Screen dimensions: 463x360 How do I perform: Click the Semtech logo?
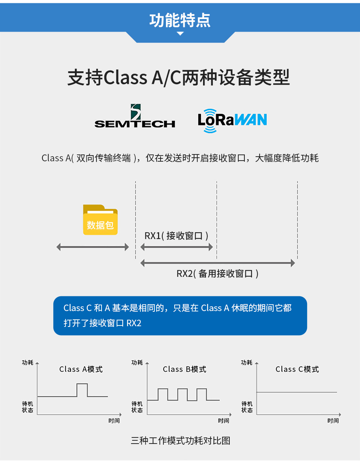(x=135, y=117)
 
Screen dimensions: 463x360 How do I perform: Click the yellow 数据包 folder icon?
(x=100, y=220)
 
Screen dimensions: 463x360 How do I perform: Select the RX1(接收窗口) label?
(x=176, y=236)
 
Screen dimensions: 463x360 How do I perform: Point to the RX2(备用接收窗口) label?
(x=217, y=274)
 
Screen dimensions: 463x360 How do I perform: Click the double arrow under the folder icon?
(x=93, y=247)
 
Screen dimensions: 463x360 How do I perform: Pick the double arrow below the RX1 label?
(x=176, y=247)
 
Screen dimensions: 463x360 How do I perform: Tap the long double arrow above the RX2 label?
(x=217, y=263)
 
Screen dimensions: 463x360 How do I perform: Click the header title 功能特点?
(x=180, y=20)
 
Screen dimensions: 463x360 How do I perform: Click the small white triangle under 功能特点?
(x=180, y=33)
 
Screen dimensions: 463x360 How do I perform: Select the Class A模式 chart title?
(x=81, y=369)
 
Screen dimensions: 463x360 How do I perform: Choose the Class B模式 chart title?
(x=184, y=369)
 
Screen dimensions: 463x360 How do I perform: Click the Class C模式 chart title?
(x=297, y=369)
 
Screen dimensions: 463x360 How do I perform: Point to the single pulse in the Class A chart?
(x=82, y=390)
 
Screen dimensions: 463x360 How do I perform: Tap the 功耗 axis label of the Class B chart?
(x=137, y=363)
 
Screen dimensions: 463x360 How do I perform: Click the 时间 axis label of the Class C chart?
(x=333, y=421)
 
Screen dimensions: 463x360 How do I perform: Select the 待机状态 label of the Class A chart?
(x=27, y=407)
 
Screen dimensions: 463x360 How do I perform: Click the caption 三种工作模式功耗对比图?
(x=180, y=441)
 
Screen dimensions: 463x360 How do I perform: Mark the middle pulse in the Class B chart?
(x=182, y=394)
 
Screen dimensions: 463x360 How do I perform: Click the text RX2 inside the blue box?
(x=134, y=323)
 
